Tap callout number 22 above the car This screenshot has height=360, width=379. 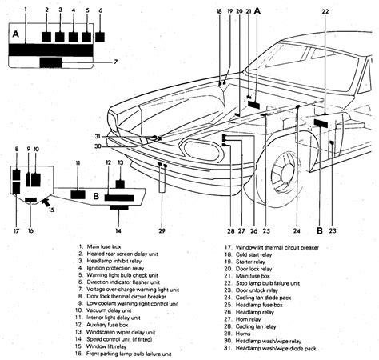(x=325, y=12)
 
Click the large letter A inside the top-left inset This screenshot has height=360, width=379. (x=15, y=34)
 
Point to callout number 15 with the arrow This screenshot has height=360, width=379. (x=53, y=210)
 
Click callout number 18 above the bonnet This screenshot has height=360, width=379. (x=219, y=12)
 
